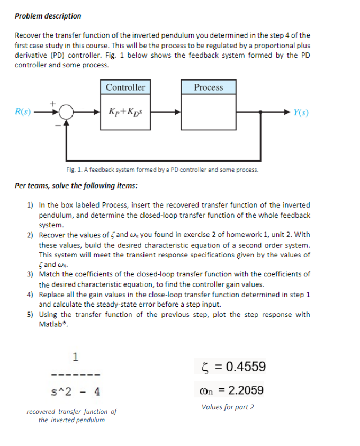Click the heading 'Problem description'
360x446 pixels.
point(48,16)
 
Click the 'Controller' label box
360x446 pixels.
point(125,87)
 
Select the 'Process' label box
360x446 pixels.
point(208,87)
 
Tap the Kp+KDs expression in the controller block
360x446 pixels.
point(125,112)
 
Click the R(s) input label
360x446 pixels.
point(23,112)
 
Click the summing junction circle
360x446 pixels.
point(66,113)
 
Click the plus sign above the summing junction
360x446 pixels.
point(52,104)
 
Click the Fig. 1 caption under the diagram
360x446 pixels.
point(162,170)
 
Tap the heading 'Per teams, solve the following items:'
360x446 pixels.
point(76,186)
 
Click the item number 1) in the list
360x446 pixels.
point(31,204)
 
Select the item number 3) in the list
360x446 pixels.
point(31,274)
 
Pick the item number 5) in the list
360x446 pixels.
point(31,314)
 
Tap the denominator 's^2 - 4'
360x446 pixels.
point(76,393)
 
